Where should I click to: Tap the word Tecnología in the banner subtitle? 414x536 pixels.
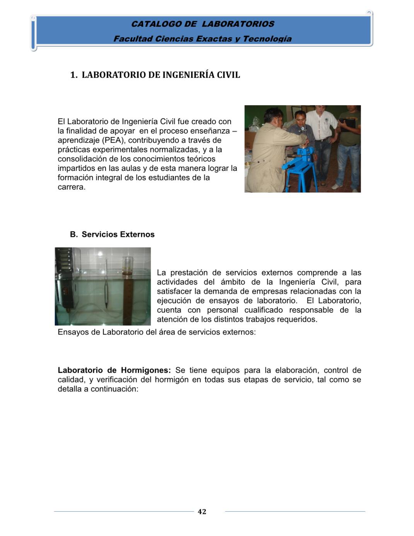point(267,39)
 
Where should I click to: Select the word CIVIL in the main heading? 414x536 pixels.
point(228,75)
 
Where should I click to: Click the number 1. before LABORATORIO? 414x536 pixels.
point(74,75)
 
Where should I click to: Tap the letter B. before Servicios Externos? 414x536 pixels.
point(74,234)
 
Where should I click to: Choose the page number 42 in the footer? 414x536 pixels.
point(202,512)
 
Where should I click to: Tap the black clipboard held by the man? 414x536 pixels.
point(349,123)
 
